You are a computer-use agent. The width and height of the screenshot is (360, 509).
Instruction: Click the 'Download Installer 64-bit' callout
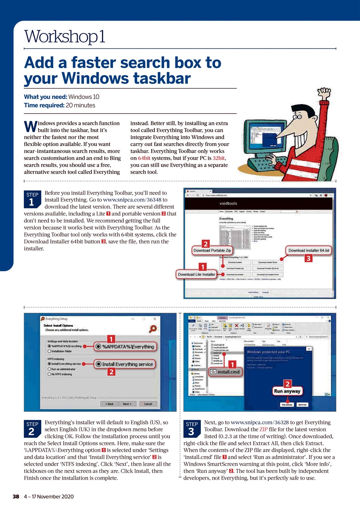pyautogui.click(x=309, y=250)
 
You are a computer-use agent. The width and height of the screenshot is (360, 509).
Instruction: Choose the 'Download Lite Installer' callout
pyautogui.click(x=197, y=274)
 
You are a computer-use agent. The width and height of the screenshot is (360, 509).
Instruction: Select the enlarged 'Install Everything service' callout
pyautogui.click(x=125, y=364)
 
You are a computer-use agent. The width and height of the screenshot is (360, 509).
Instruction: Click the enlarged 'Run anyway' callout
pyautogui.click(x=286, y=391)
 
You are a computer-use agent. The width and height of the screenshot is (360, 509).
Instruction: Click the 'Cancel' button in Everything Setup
pyautogui.click(x=148, y=404)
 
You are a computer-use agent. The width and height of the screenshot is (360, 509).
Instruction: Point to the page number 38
pyautogui.click(x=16, y=497)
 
